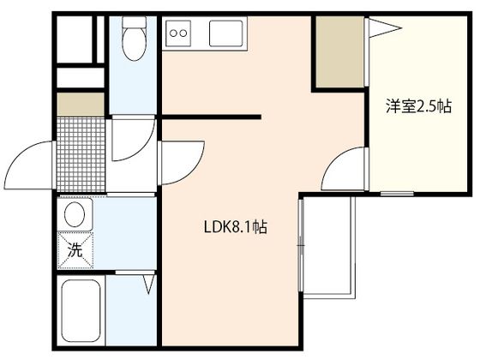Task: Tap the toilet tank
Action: pyautogui.click(x=134, y=22)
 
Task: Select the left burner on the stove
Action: pyautogui.click(x=173, y=33)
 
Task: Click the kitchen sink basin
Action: pyautogui.click(x=226, y=33)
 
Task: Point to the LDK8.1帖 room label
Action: pyautogui.click(x=235, y=227)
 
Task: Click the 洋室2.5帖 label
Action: pyautogui.click(x=418, y=106)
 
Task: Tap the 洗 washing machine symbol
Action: pyautogui.click(x=75, y=250)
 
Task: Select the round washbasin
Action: pyautogui.click(x=75, y=214)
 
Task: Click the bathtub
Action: pyautogui.click(x=81, y=310)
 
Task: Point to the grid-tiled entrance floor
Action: pyautogui.click(x=81, y=154)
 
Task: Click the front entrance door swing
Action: pyautogui.click(x=29, y=165)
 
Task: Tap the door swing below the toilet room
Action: pyautogui.click(x=133, y=138)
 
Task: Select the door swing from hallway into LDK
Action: pyautogui.click(x=181, y=163)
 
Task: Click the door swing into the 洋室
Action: pyautogui.click(x=345, y=169)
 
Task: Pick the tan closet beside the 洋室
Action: pyautogui.click(x=339, y=51)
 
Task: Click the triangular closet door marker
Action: pyautogui.click(x=385, y=28)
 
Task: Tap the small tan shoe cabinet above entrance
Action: pyautogui.click(x=81, y=105)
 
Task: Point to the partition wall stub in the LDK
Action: pyautogui.click(x=211, y=117)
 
